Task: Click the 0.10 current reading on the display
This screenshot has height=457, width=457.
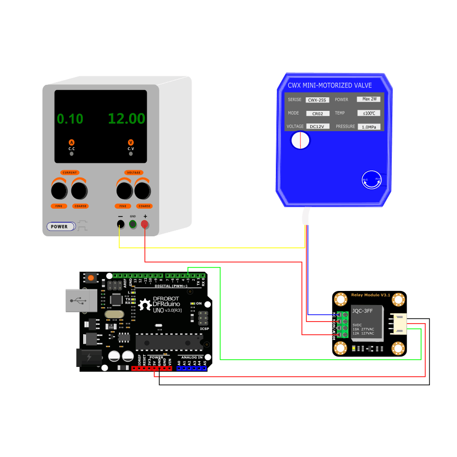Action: click(x=70, y=119)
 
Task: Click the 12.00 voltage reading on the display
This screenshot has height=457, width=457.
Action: click(x=126, y=119)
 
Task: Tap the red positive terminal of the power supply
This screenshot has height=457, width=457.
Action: click(x=145, y=224)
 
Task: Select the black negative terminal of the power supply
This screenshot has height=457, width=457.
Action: click(x=120, y=224)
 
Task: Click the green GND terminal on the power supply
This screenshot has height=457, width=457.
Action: click(x=133, y=224)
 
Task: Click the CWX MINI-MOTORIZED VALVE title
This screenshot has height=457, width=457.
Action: click(x=330, y=85)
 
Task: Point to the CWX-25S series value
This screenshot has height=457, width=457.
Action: click(x=317, y=100)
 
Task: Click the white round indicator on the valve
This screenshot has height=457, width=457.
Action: click(x=300, y=141)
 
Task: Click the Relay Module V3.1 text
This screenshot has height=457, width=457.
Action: click(x=371, y=295)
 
